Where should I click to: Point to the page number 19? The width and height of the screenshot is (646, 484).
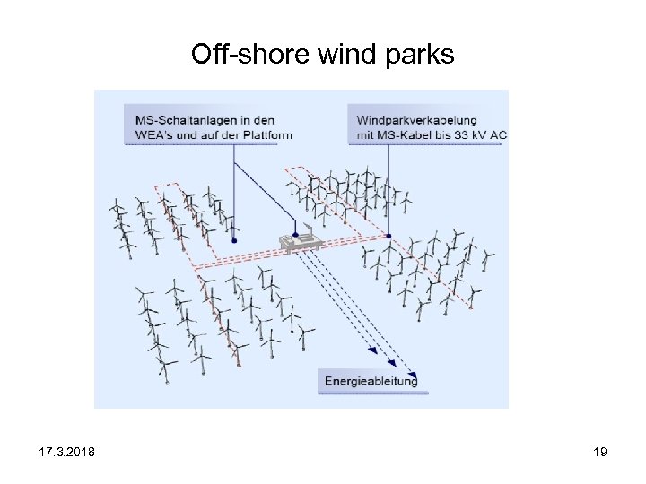coord(600,452)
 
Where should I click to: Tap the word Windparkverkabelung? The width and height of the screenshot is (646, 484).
coord(416,120)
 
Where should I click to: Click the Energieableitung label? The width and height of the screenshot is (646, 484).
coord(371,381)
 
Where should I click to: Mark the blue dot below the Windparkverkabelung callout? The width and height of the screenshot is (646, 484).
coord(388,236)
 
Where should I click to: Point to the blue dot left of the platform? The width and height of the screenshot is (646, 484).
coord(234,240)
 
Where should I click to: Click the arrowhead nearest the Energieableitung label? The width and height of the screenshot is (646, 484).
coord(412,372)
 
